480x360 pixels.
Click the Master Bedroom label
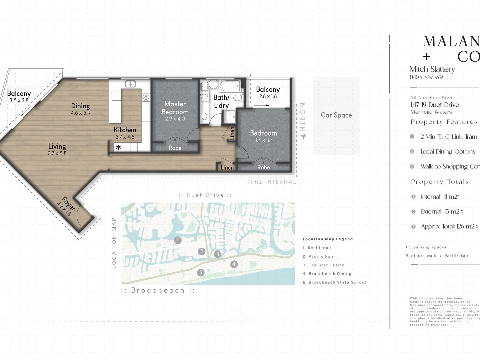coord(175,108)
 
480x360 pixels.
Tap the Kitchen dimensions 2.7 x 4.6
coord(125,137)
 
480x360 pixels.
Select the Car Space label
coord(336,115)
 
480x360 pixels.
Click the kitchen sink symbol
coord(130,84)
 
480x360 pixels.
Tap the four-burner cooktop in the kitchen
coord(146,97)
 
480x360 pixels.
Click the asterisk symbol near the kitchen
coord(118,147)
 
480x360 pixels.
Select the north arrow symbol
coord(303,136)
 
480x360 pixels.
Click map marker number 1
coord(178,240)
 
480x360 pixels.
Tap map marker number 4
coord(234,264)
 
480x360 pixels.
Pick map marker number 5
coord(201,272)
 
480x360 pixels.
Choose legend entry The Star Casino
coord(326,265)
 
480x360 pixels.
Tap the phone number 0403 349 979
coord(426,77)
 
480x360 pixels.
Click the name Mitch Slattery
coord(432,69)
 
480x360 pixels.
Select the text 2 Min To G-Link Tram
coord(449,137)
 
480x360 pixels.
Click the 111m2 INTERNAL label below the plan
coord(270,182)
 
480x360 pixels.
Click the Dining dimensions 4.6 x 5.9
coord(80,113)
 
